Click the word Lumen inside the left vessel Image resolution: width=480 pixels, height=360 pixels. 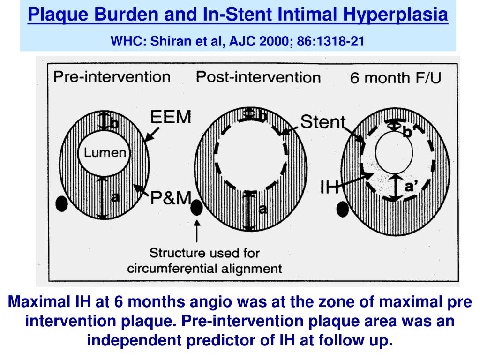(x=105, y=152)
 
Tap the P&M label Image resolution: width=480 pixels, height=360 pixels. (x=170, y=199)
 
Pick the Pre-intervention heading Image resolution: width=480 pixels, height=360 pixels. (x=112, y=76)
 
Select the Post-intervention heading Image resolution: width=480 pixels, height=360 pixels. (x=258, y=77)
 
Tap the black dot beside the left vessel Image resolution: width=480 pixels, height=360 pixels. (x=61, y=203)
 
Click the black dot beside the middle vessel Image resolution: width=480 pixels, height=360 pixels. (x=197, y=207)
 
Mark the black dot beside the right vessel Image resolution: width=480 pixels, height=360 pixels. (x=343, y=209)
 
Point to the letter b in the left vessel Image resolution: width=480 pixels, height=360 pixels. (x=114, y=123)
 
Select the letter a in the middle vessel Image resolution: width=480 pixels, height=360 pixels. (x=262, y=210)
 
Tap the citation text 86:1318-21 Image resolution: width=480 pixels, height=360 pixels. (x=332, y=41)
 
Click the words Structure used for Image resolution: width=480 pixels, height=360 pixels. (x=204, y=253)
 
